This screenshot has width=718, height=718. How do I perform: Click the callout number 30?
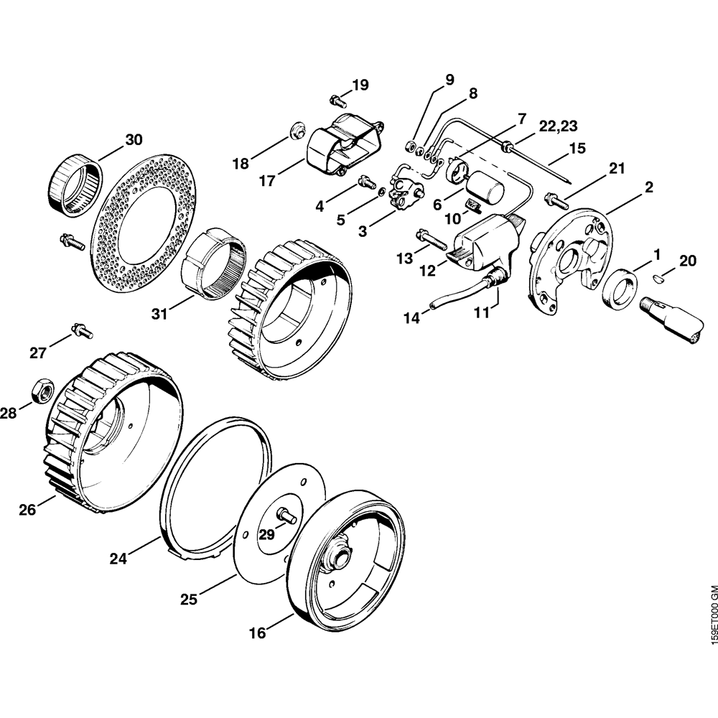pyautogui.click(x=134, y=139)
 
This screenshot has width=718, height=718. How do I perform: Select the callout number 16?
pyautogui.click(x=257, y=633)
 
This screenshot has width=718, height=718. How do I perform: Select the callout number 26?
pyautogui.click(x=27, y=510)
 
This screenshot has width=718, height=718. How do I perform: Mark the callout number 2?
pyautogui.click(x=648, y=187)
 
